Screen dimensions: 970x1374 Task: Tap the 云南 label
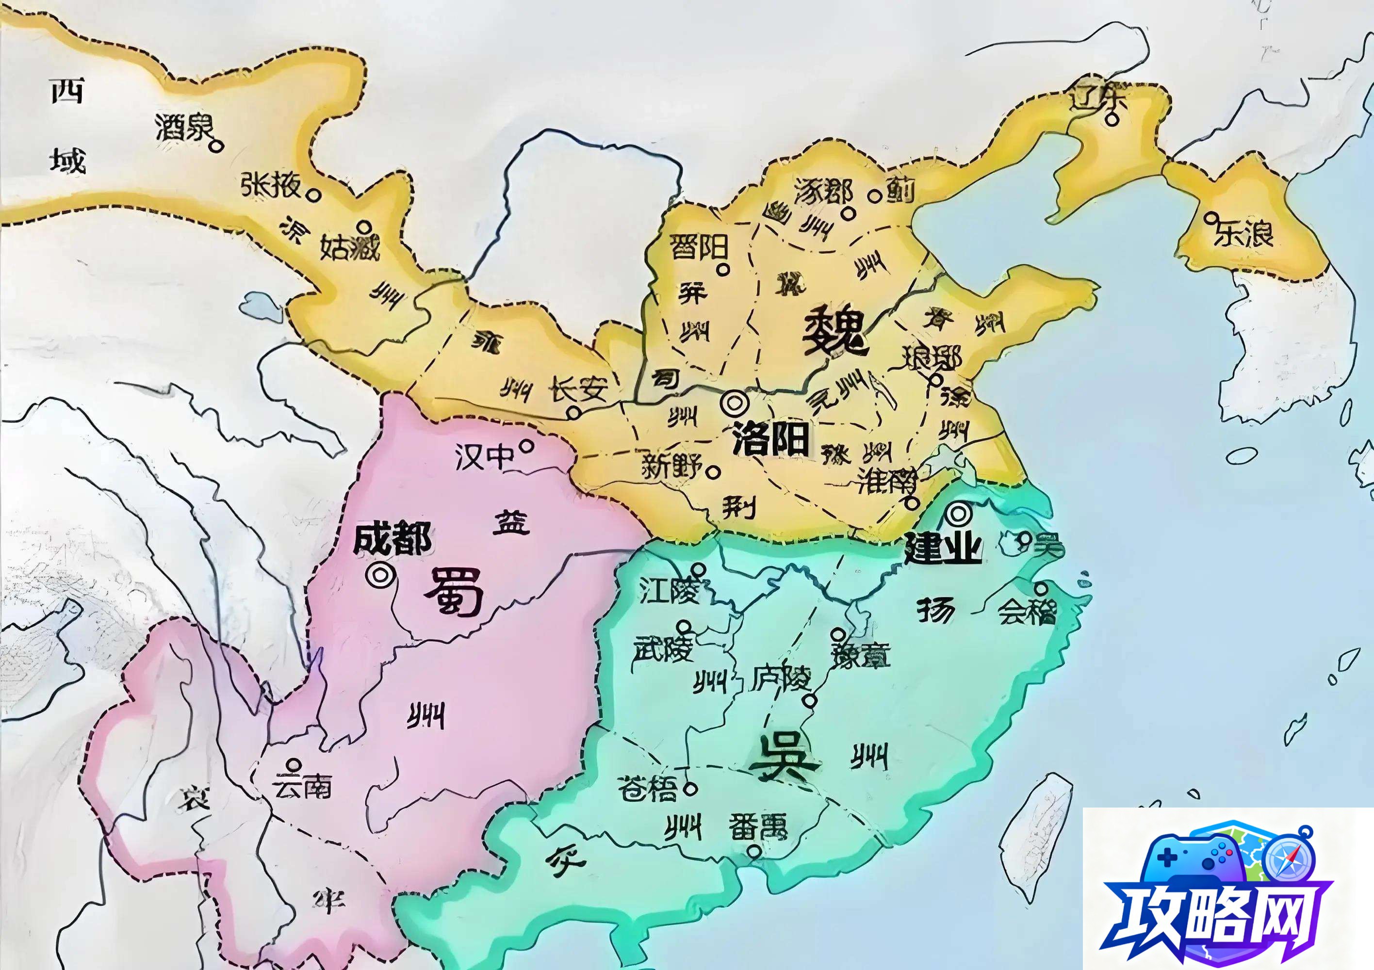302,787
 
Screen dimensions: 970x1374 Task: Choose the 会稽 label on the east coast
1027,612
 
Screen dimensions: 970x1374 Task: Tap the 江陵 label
669,591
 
